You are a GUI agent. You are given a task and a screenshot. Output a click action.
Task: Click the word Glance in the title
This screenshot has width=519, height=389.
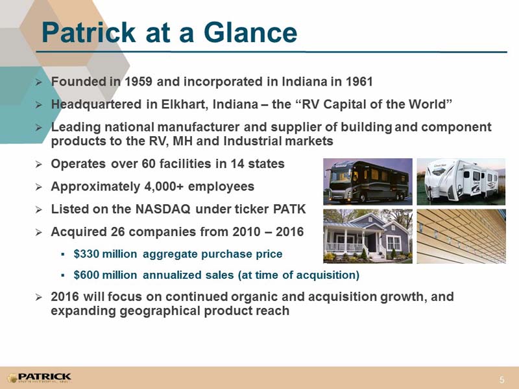[x=250, y=32]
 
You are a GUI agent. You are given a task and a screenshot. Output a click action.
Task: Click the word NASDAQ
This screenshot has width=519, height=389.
[x=163, y=209]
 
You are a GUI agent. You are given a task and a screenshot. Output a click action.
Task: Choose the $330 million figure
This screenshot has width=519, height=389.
[x=105, y=254]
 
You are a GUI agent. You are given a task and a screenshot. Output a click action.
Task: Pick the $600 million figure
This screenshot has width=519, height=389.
[x=105, y=275]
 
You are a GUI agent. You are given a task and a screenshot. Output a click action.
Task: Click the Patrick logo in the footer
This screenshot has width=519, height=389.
[x=39, y=378]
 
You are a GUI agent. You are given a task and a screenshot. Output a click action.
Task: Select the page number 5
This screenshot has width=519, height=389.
[x=502, y=379]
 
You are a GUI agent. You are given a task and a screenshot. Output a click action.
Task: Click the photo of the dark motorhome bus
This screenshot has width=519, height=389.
[x=368, y=182]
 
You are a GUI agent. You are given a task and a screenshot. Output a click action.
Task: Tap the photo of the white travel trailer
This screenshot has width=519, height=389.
[x=461, y=182]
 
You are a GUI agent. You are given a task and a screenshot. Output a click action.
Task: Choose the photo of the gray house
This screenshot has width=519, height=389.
[x=368, y=236]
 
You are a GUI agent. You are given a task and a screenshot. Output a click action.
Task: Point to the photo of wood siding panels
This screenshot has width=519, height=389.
[x=461, y=236]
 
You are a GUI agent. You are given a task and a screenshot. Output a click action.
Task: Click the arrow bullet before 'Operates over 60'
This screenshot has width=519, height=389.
[x=39, y=164]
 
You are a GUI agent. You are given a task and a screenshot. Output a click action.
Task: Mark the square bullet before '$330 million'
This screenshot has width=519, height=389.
[x=62, y=254]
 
